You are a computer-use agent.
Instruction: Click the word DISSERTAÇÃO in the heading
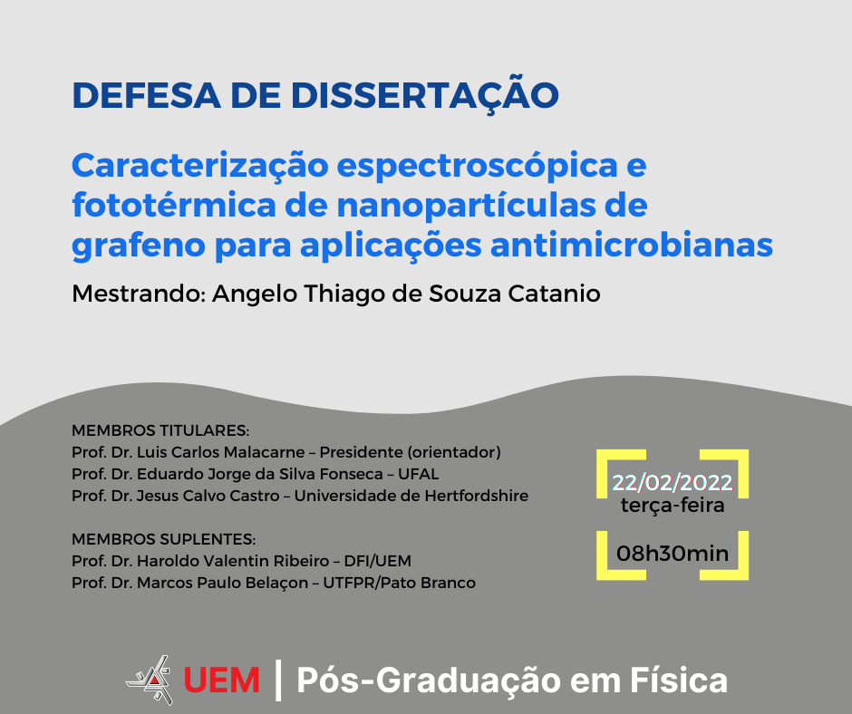[424, 96]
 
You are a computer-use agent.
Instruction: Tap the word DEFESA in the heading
[146, 96]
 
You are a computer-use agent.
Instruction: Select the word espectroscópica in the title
[477, 166]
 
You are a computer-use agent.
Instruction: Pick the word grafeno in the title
[139, 246]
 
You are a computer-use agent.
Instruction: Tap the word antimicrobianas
[632, 245]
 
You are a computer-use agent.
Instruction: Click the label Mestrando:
[138, 294]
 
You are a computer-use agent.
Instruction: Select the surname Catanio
[554, 294]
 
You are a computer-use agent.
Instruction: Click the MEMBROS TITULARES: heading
[160, 431]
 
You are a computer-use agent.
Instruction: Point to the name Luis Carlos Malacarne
[220, 452]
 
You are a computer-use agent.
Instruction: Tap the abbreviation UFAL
[419, 474]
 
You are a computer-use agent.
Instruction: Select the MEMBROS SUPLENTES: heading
[163, 539]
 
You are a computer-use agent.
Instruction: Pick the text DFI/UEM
[378, 561]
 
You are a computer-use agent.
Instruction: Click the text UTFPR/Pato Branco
[400, 583]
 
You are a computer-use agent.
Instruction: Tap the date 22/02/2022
[673, 483]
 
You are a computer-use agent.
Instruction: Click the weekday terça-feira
[673, 506]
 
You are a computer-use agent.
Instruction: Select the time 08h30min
[673, 554]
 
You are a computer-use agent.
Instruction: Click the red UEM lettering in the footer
[221, 680]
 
